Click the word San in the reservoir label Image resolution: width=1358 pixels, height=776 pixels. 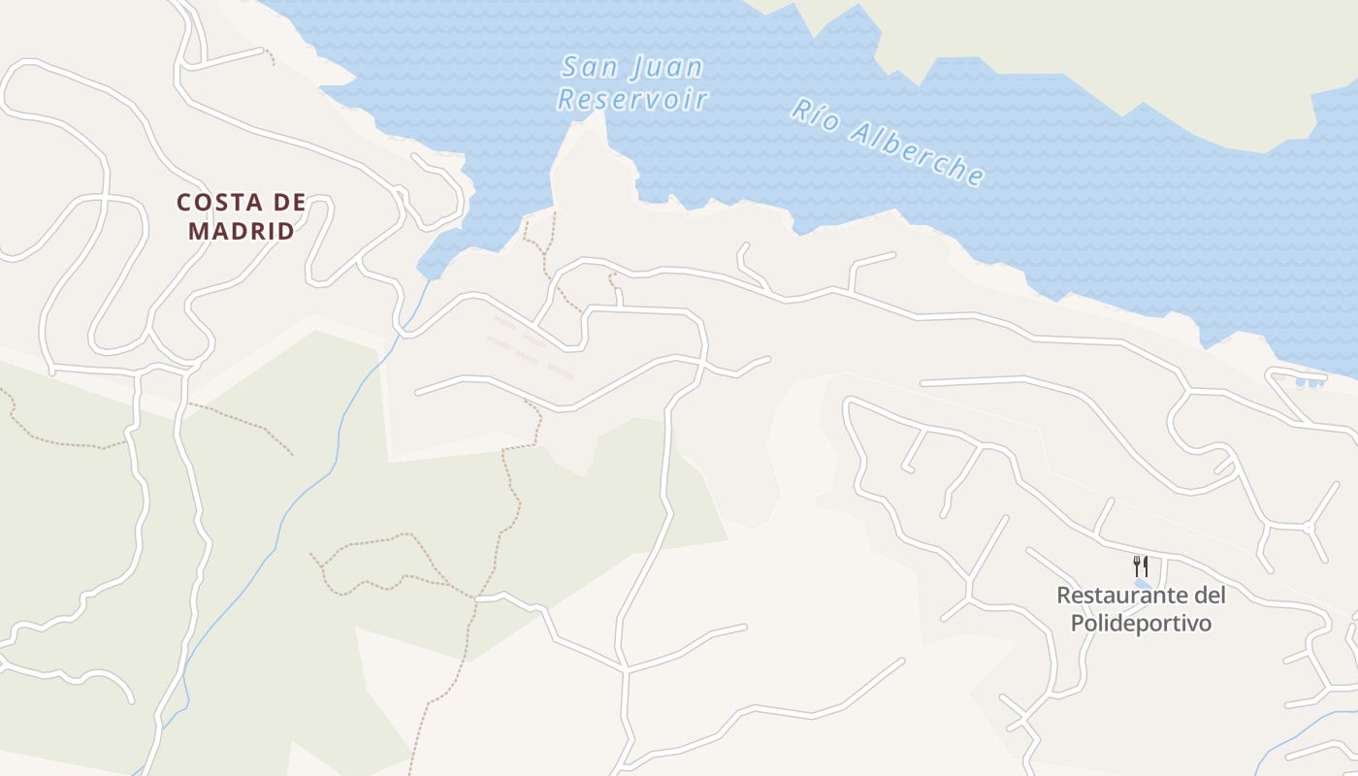coord(589,67)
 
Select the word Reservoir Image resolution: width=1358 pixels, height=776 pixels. coord(632,99)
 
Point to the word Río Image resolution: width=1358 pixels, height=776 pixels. coord(813,113)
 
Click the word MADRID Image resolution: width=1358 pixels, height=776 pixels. coord(241,231)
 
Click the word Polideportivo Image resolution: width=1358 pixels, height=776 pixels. coord(1141,623)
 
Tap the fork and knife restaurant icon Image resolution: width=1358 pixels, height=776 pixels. coord(1141,566)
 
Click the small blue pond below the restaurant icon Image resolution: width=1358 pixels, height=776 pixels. coord(1143,584)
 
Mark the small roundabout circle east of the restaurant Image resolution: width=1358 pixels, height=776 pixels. coord(1308,528)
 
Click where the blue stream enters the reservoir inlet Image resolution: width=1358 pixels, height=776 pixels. coord(427,280)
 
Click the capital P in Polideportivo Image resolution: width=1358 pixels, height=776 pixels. coord(1078,623)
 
